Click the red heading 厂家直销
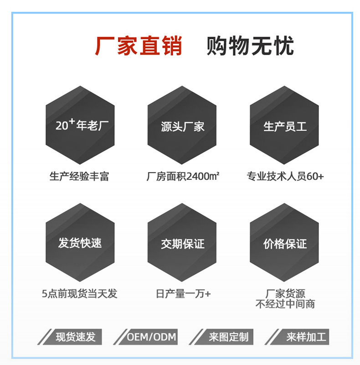139,46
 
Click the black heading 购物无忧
250,46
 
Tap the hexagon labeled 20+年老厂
80,125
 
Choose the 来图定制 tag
228,337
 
